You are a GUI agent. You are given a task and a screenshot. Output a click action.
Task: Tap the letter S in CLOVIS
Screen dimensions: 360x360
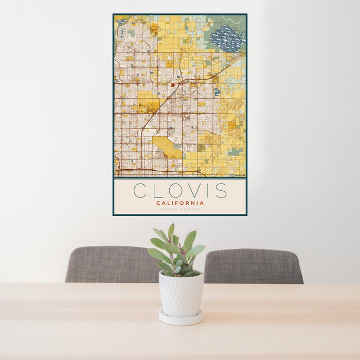pyautogui.click(x=221, y=190)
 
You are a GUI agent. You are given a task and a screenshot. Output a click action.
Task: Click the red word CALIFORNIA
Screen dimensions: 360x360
pyautogui.click(x=180, y=203)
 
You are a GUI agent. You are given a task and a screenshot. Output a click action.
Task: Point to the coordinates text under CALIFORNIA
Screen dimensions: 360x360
pyautogui.click(x=180, y=209)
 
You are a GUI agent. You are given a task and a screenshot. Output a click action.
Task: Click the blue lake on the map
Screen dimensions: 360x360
pyautogui.click(x=227, y=39)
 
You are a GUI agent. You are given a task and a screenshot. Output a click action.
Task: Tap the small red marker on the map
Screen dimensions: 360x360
pyautogui.click(x=173, y=85)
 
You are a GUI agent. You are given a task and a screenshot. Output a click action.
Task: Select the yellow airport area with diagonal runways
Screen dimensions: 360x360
pyautogui.click(x=167, y=146)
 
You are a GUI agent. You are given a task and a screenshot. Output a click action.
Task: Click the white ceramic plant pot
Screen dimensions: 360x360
pyautogui.click(x=181, y=294)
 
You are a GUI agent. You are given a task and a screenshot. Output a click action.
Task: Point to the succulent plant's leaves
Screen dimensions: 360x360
pyautogui.click(x=176, y=252)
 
